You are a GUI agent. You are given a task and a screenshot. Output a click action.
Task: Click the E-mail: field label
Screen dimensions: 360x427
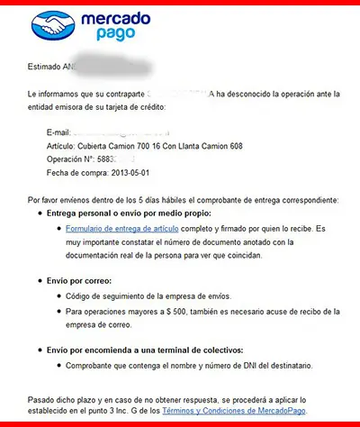[x=58, y=132]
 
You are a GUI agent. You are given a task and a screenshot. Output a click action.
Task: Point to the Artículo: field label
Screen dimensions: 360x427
[x=62, y=145]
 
